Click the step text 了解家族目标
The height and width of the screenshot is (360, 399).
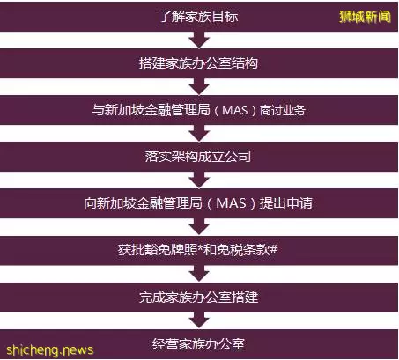(x=199, y=17)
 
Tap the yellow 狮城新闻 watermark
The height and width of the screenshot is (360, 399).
(x=365, y=17)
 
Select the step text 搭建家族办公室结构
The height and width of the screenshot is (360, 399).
(x=199, y=63)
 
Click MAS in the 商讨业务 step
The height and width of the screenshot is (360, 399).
(x=235, y=110)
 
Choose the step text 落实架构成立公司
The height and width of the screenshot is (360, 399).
(x=198, y=157)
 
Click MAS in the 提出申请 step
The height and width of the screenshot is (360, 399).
(x=231, y=203)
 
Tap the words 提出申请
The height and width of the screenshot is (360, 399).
(x=285, y=203)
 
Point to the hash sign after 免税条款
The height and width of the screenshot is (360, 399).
(x=273, y=250)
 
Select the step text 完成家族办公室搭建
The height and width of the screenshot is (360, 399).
(x=199, y=297)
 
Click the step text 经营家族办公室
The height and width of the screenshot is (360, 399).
(x=198, y=344)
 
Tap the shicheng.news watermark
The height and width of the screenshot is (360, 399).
(x=49, y=350)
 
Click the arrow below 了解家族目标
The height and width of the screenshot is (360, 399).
(x=199, y=40)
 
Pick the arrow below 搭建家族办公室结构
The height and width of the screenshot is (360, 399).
(x=199, y=86)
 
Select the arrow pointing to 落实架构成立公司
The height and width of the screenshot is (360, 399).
(x=199, y=133)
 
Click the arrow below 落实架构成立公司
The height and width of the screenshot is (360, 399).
(x=199, y=180)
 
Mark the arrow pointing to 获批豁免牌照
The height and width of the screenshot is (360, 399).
(x=199, y=226)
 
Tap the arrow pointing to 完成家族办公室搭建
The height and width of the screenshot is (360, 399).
(x=199, y=274)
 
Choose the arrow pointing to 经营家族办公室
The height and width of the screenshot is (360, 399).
(x=199, y=320)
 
